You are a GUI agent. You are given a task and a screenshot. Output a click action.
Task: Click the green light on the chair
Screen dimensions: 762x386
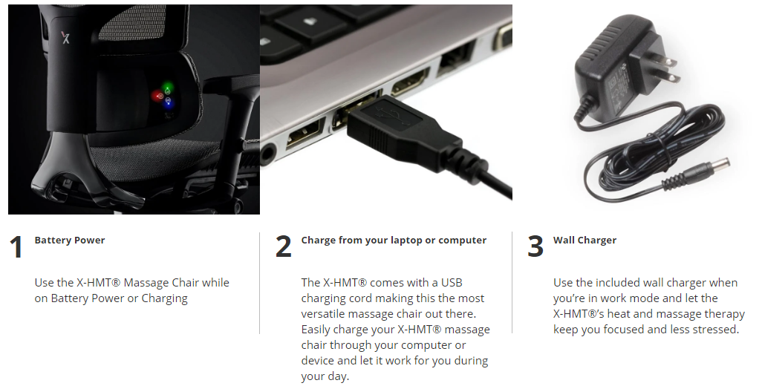pos(168,88)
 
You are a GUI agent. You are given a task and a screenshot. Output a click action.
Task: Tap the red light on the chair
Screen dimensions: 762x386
pos(157,96)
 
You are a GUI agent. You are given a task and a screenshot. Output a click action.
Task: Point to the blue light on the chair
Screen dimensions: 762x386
pos(168,102)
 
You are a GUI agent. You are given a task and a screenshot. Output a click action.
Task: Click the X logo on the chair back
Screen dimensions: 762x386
pos(65,37)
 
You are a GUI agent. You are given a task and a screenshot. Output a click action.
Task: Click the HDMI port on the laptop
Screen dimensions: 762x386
pos(410,82)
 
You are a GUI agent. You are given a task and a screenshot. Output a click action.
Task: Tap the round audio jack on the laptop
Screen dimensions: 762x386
pos(267,156)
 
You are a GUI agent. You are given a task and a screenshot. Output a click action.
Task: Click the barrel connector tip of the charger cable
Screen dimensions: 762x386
pos(715,166)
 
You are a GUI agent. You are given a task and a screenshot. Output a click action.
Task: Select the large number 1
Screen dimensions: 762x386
pos(16,246)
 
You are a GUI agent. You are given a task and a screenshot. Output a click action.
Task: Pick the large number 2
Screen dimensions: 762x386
pos(283,246)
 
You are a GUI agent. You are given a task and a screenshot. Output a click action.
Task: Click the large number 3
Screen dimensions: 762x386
pos(535,246)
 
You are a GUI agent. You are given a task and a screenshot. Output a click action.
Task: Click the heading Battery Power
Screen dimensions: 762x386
pos(70,240)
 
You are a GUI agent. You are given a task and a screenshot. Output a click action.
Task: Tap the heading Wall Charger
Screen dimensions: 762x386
pos(584,240)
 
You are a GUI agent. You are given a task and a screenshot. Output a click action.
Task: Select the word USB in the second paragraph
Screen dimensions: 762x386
pos(452,283)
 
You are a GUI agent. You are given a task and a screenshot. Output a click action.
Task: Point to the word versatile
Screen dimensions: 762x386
pos(321,314)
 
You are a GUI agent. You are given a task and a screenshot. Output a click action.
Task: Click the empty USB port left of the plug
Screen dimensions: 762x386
pos(305,138)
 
